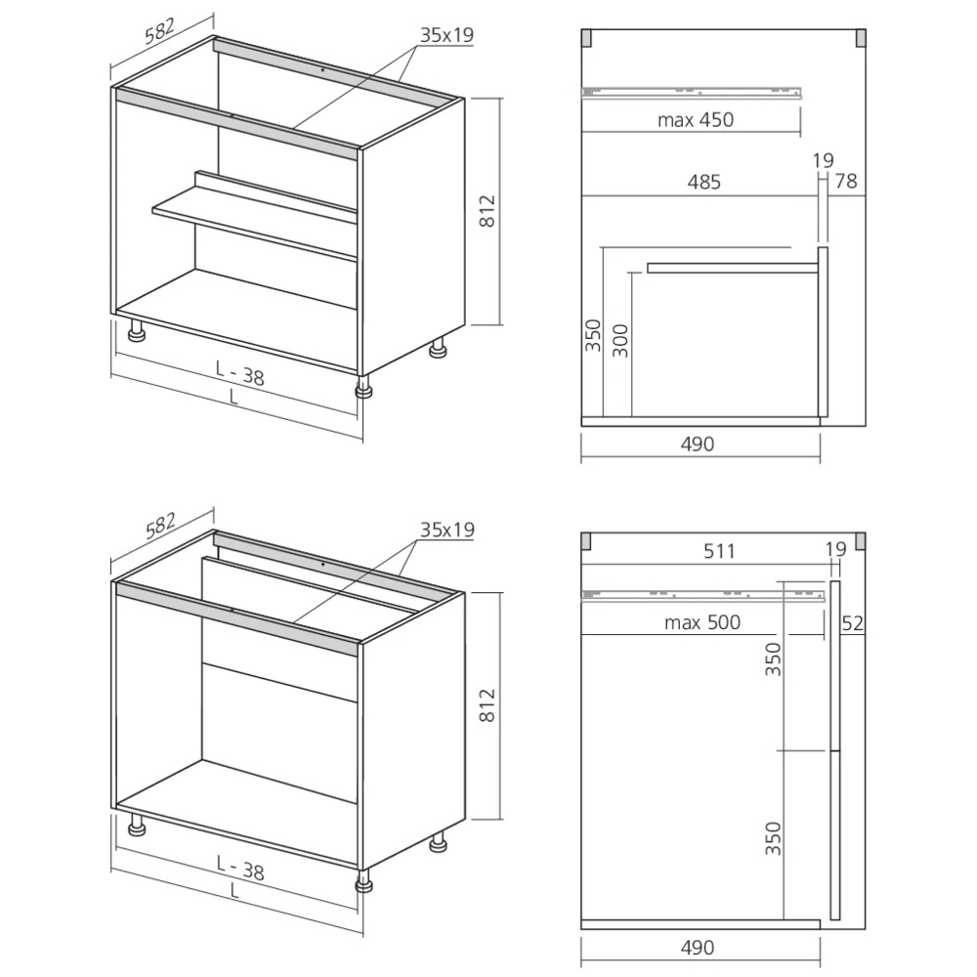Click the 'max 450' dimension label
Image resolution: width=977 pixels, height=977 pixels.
pyautogui.click(x=696, y=119)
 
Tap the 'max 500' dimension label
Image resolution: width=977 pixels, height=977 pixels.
pyautogui.click(x=702, y=622)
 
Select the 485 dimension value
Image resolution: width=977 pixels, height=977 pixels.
pyautogui.click(x=704, y=182)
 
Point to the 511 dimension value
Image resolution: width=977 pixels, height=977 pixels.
pyautogui.click(x=719, y=551)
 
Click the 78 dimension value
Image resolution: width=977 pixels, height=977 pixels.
pyautogui.click(x=846, y=181)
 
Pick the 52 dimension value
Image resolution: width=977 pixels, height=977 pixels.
pyautogui.click(x=852, y=623)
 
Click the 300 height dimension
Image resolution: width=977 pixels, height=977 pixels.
pyautogui.click(x=620, y=341)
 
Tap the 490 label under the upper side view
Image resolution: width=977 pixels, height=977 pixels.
pyautogui.click(x=698, y=445)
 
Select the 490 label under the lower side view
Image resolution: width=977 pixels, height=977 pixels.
pyautogui.click(x=698, y=948)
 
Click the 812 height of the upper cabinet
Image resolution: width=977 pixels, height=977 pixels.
pyautogui.click(x=488, y=211)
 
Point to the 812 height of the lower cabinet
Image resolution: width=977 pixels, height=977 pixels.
pyautogui.click(x=488, y=704)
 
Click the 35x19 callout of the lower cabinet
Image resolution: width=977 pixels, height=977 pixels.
pyautogui.click(x=446, y=530)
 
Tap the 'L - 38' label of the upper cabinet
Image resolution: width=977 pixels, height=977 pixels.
pyautogui.click(x=240, y=374)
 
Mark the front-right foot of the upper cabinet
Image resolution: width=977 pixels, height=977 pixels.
pyautogui.click(x=363, y=388)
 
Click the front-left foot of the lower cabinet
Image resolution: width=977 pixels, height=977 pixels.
pyautogui.click(x=137, y=825)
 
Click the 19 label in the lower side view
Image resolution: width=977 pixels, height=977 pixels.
pyautogui.click(x=835, y=549)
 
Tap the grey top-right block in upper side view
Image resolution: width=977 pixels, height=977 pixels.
pyautogui.click(x=861, y=39)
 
